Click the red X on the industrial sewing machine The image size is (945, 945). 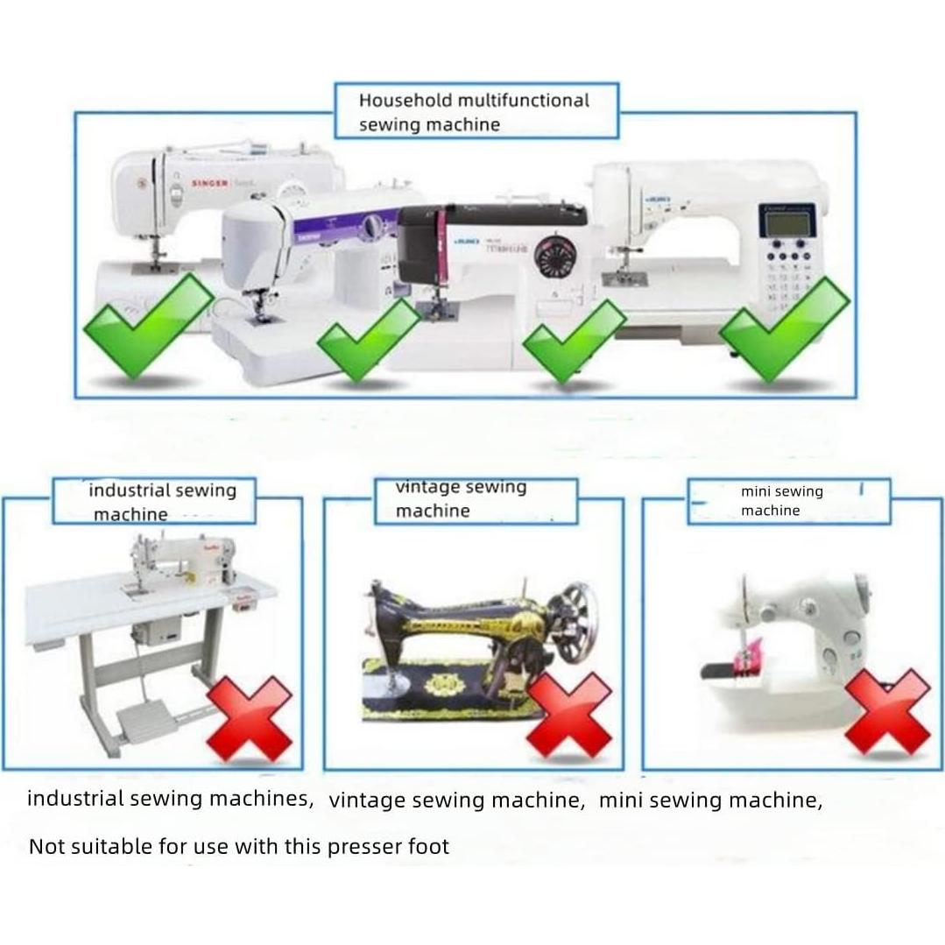pyautogui.click(x=250, y=718)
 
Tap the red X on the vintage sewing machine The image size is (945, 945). pyautogui.click(x=569, y=714)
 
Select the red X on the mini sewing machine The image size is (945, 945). pyautogui.click(x=886, y=712)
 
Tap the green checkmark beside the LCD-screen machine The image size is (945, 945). pyautogui.click(x=784, y=328)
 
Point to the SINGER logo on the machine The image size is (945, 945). pyautogui.click(x=210, y=183)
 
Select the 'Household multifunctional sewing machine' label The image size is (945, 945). pyautogui.click(x=476, y=111)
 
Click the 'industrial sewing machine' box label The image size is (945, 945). pyautogui.click(x=154, y=502)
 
